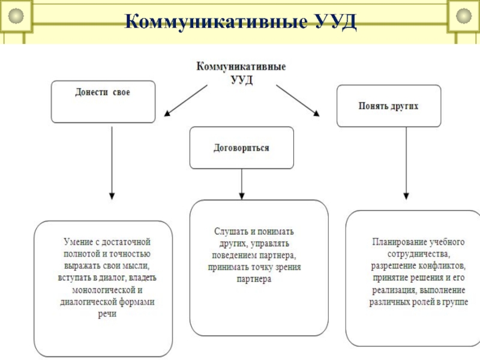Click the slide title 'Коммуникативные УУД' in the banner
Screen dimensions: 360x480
pos(240,22)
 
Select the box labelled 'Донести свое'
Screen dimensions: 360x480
pos(103,102)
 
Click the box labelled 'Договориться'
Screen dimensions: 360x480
pos(242,148)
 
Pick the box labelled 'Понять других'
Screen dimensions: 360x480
pos(388,106)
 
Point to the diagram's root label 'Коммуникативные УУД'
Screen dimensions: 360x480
pos(241,73)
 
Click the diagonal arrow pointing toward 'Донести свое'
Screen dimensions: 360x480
pos(185,99)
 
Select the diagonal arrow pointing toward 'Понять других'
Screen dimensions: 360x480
pos(298,99)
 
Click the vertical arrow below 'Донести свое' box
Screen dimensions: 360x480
pos(112,162)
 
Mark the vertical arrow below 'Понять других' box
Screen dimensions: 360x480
pos(406,163)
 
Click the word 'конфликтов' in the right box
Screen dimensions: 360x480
pos(443,265)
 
